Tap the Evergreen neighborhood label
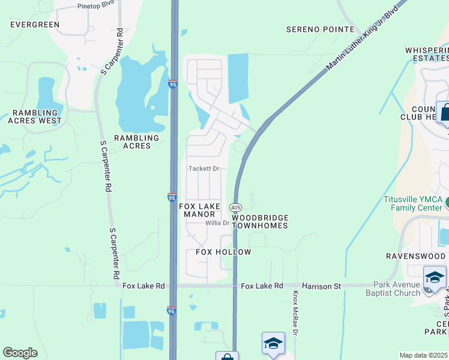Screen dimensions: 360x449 click(x=35, y=25)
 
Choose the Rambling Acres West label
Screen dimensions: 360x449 click(x=35, y=116)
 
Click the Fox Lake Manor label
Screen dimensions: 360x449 click(x=197, y=210)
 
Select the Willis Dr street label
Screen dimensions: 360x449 click(x=217, y=223)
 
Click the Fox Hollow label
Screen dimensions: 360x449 click(x=223, y=252)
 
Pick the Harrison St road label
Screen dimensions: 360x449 click(x=321, y=286)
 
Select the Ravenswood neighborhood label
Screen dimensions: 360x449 click(x=416, y=256)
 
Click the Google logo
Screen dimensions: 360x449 click(x=20, y=353)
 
